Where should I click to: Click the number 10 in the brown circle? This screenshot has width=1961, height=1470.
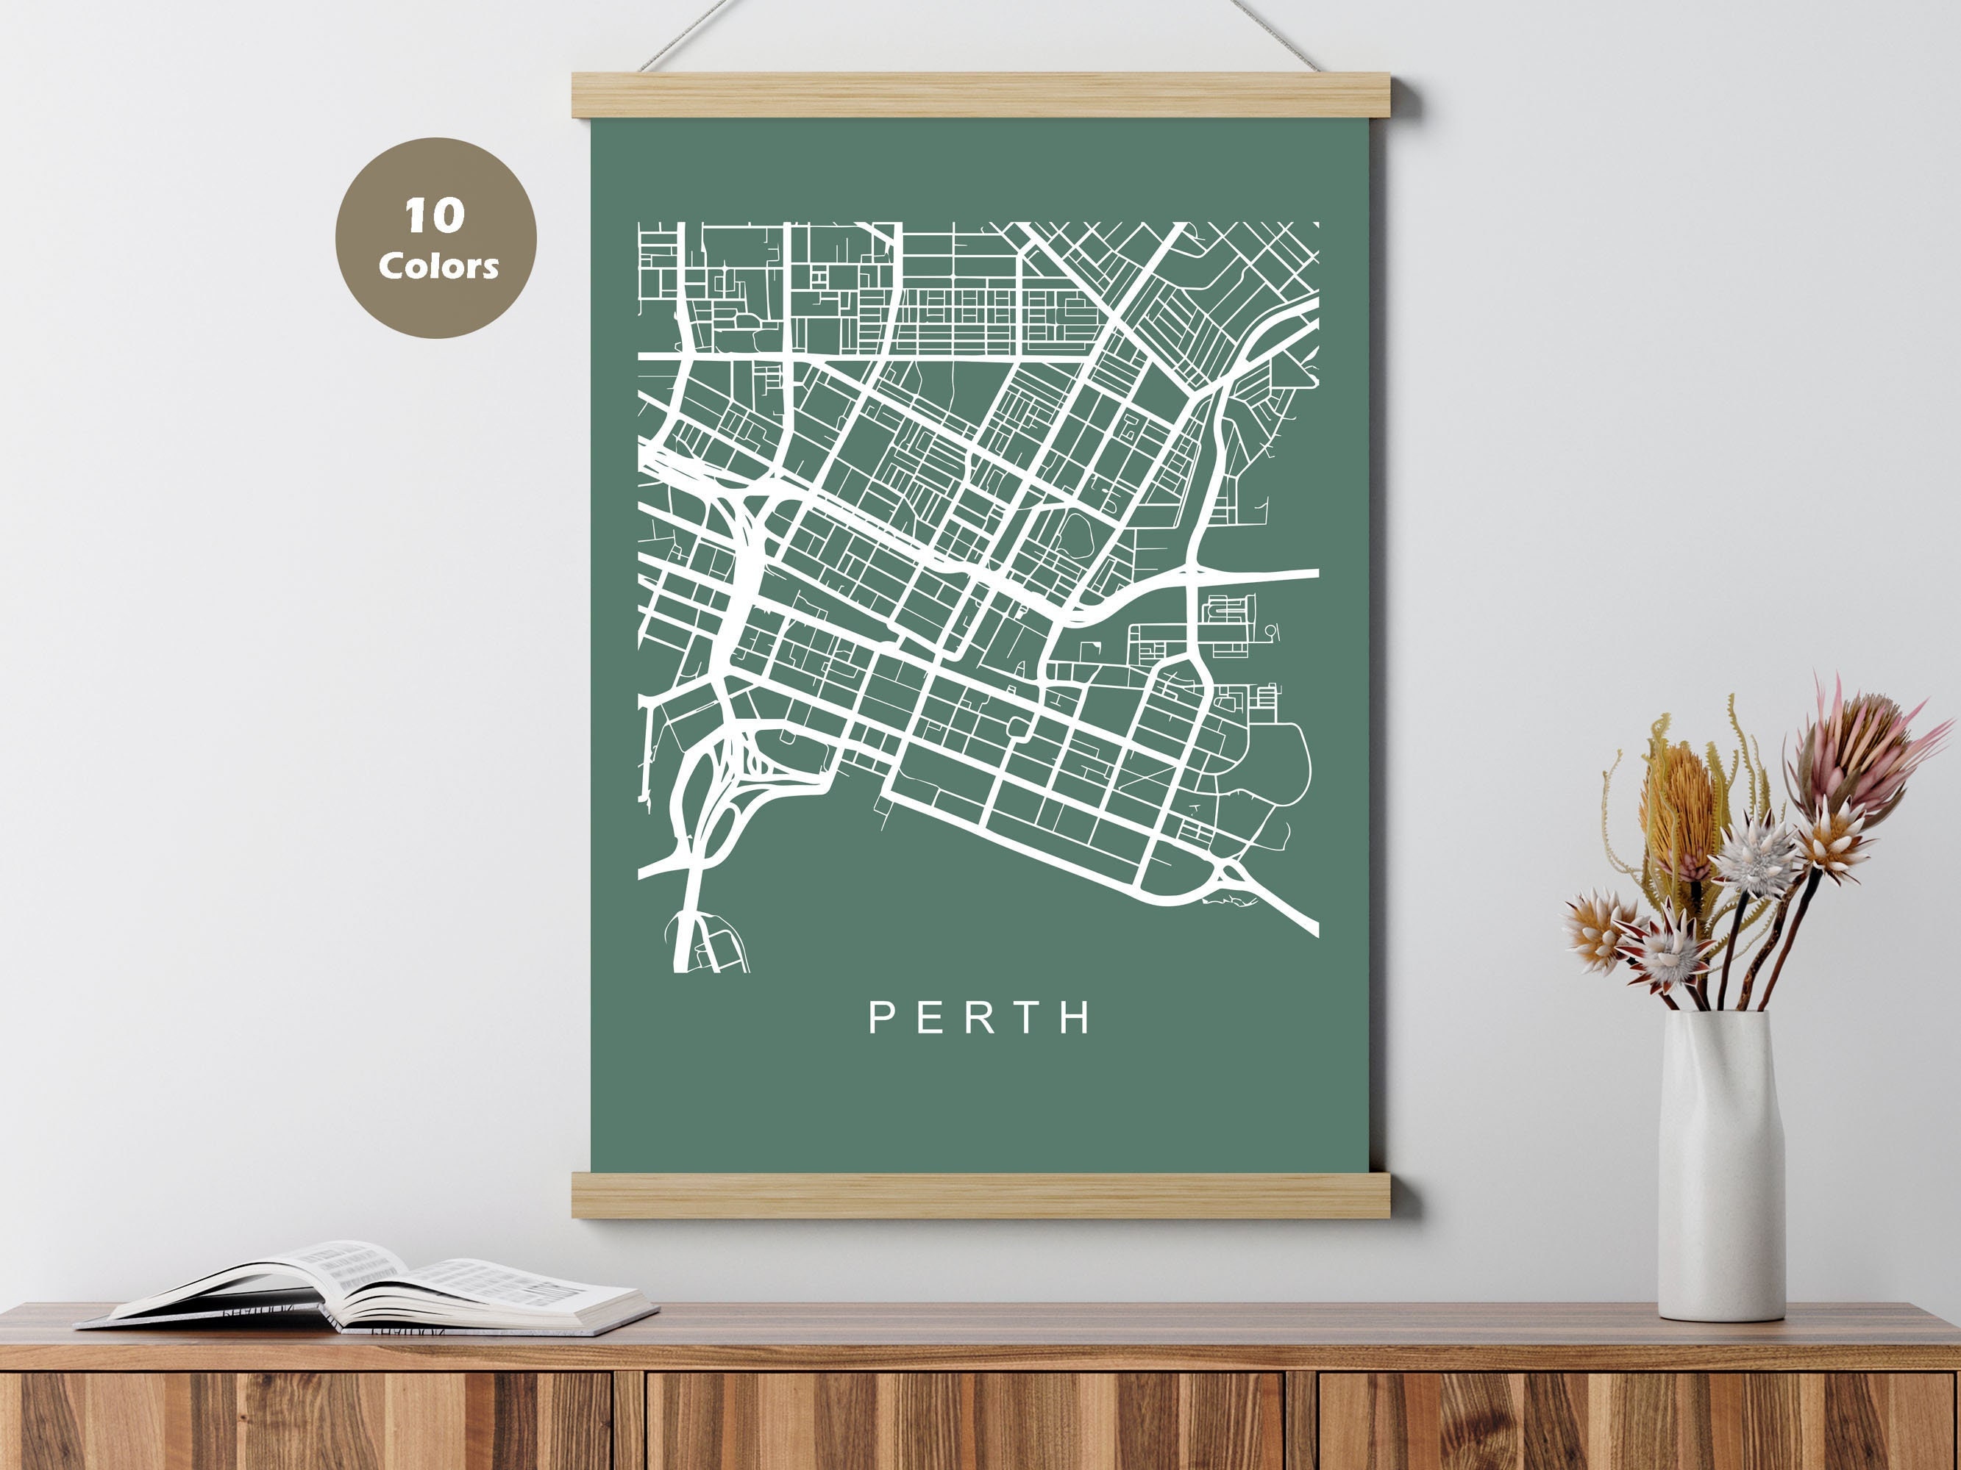point(435,215)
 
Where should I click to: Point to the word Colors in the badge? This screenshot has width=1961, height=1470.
point(438,266)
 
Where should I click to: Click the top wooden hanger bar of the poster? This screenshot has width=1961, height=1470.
point(981,96)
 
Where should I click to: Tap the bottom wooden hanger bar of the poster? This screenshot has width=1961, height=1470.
point(981,1194)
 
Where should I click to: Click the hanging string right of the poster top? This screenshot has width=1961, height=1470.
point(1273,35)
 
